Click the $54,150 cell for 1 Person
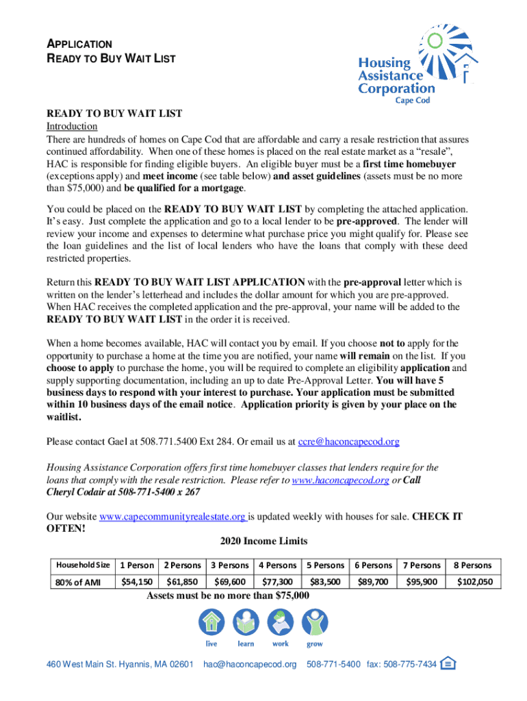click(x=137, y=582)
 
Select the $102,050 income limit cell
click(x=474, y=582)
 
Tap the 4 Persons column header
click(x=277, y=565)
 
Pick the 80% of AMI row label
click(x=81, y=583)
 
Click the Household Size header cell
click(x=81, y=565)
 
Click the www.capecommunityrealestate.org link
click(x=173, y=516)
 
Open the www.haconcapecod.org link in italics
click(x=340, y=481)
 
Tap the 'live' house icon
click(x=211, y=623)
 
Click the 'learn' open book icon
click(x=246, y=623)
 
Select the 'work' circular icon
click(x=280, y=623)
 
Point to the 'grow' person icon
click(x=315, y=623)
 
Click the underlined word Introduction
click(x=72, y=127)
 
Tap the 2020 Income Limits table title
click(x=263, y=541)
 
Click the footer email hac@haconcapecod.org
click(x=250, y=664)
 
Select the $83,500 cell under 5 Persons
click(x=325, y=582)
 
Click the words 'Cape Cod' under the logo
click(x=416, y=100)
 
